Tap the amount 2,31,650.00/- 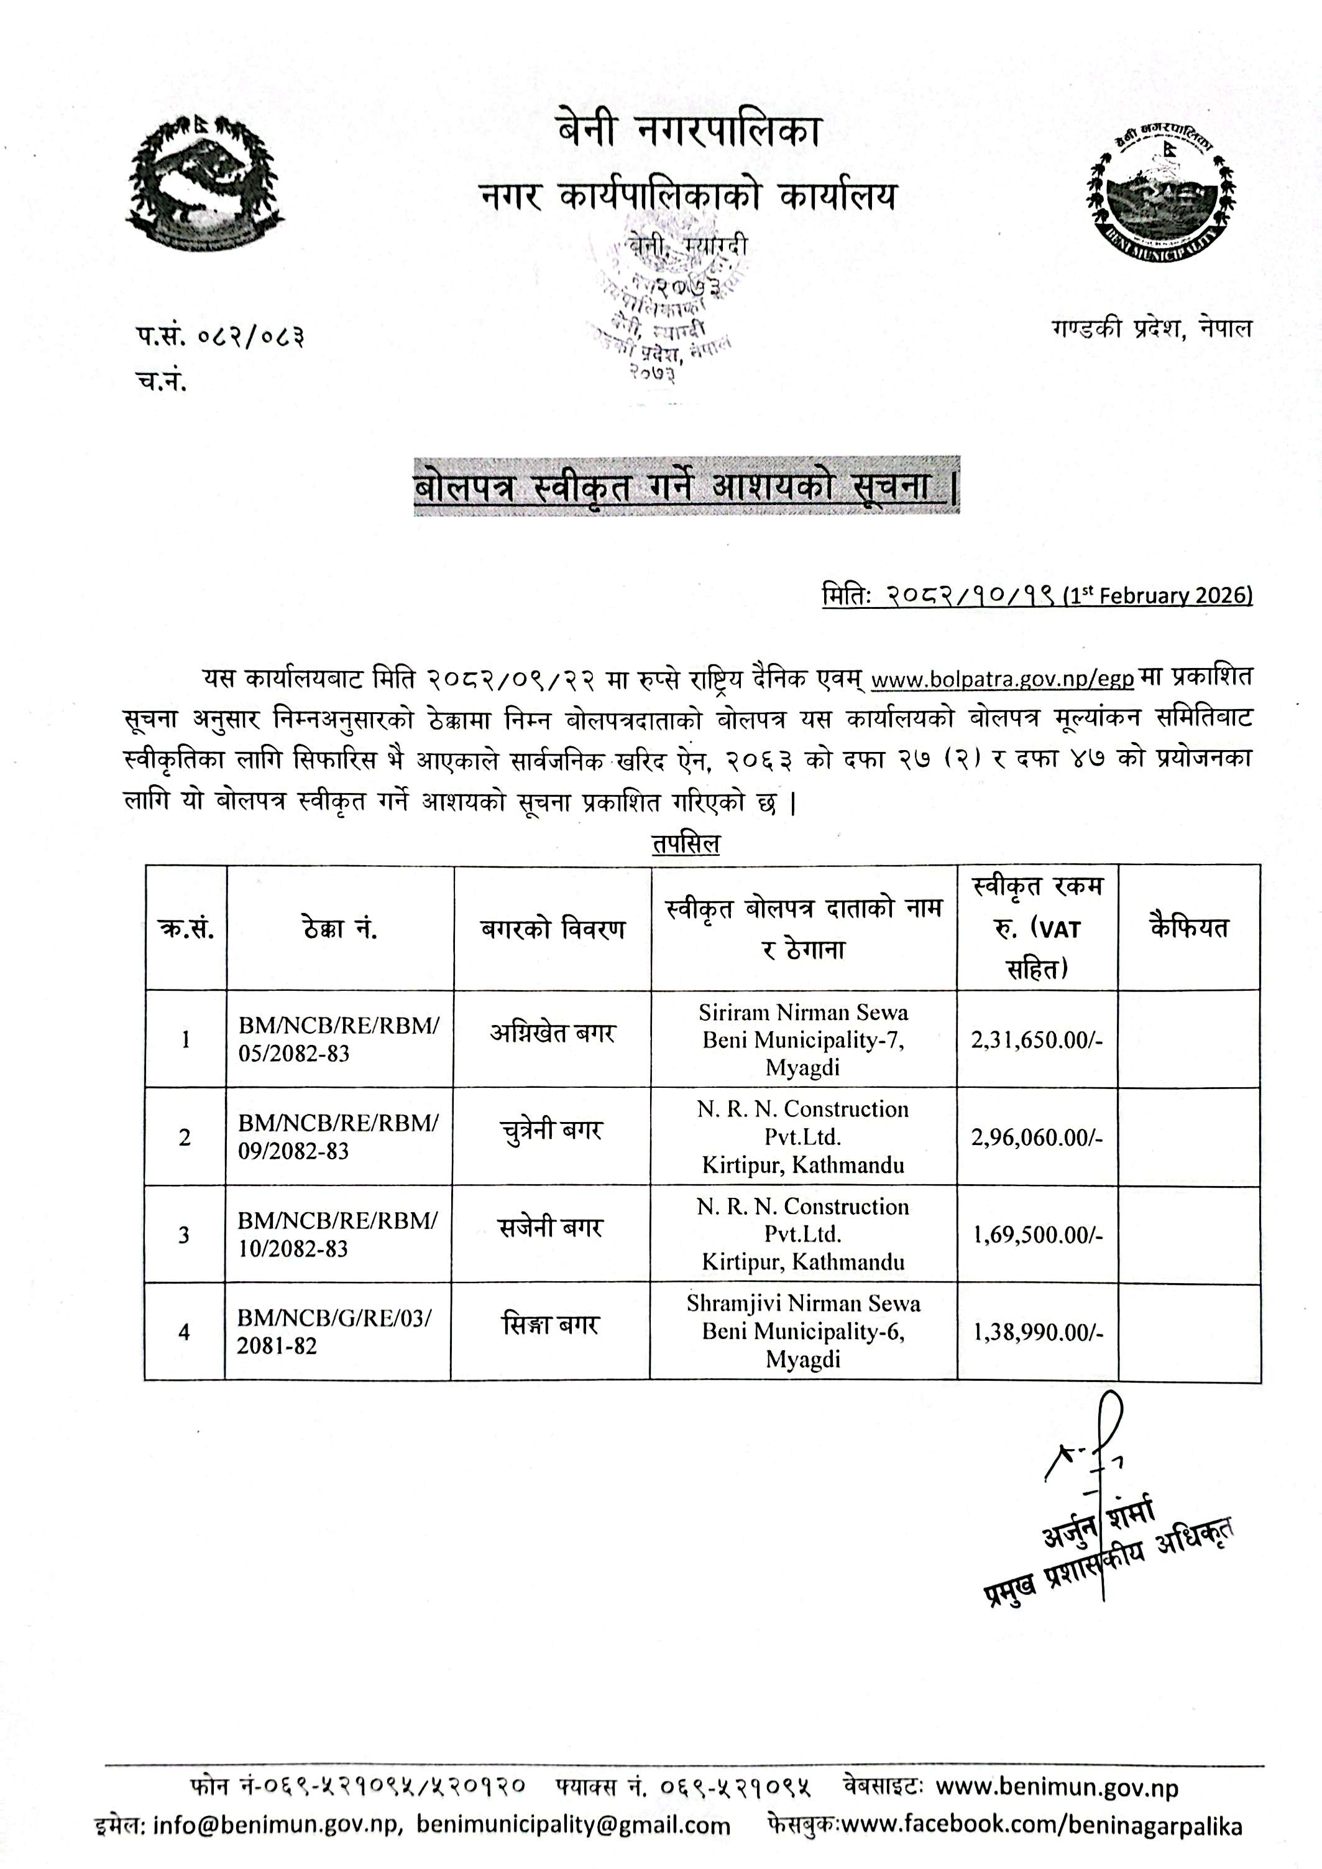[x=1036, y=1040]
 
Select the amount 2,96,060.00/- [x=1036, y=1137]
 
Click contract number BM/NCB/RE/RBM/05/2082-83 [x=338, y=1039]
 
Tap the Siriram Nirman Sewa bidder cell [x=802, y=1039]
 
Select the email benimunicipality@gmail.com [x=573, y=1825]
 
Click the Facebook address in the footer [x=1041, y=1825]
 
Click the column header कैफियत [x=1188, y=927]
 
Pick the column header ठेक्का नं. [x=339, y=929]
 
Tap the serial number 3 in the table [x=184, y=1235]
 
